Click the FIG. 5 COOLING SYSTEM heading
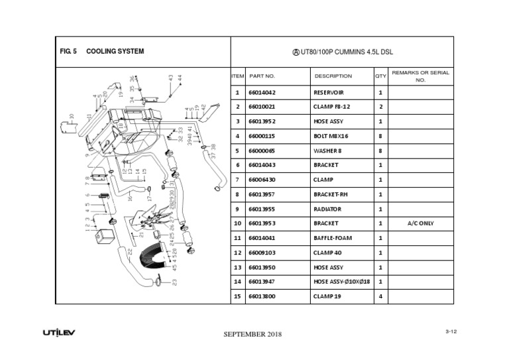click(101, 51)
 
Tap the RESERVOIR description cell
click(329, 93)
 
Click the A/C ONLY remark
click(420, 223)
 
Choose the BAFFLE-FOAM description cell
click(331, 238)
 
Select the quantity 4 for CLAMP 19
click(380, 296)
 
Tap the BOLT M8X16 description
click(331, 136)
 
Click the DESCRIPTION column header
click(333, 76)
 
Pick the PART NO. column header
click(262, 76)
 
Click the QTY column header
click(380, 76)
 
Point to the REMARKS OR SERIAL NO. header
click(420, 76)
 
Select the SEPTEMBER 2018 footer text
click(253, 334)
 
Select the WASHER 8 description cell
click(327, 150)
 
